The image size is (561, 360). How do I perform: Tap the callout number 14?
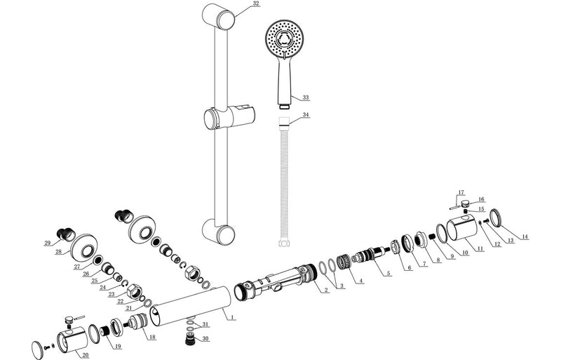coord(525,237)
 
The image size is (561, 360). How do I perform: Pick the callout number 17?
coord(461,192)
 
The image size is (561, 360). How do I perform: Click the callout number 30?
coord(205,338)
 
